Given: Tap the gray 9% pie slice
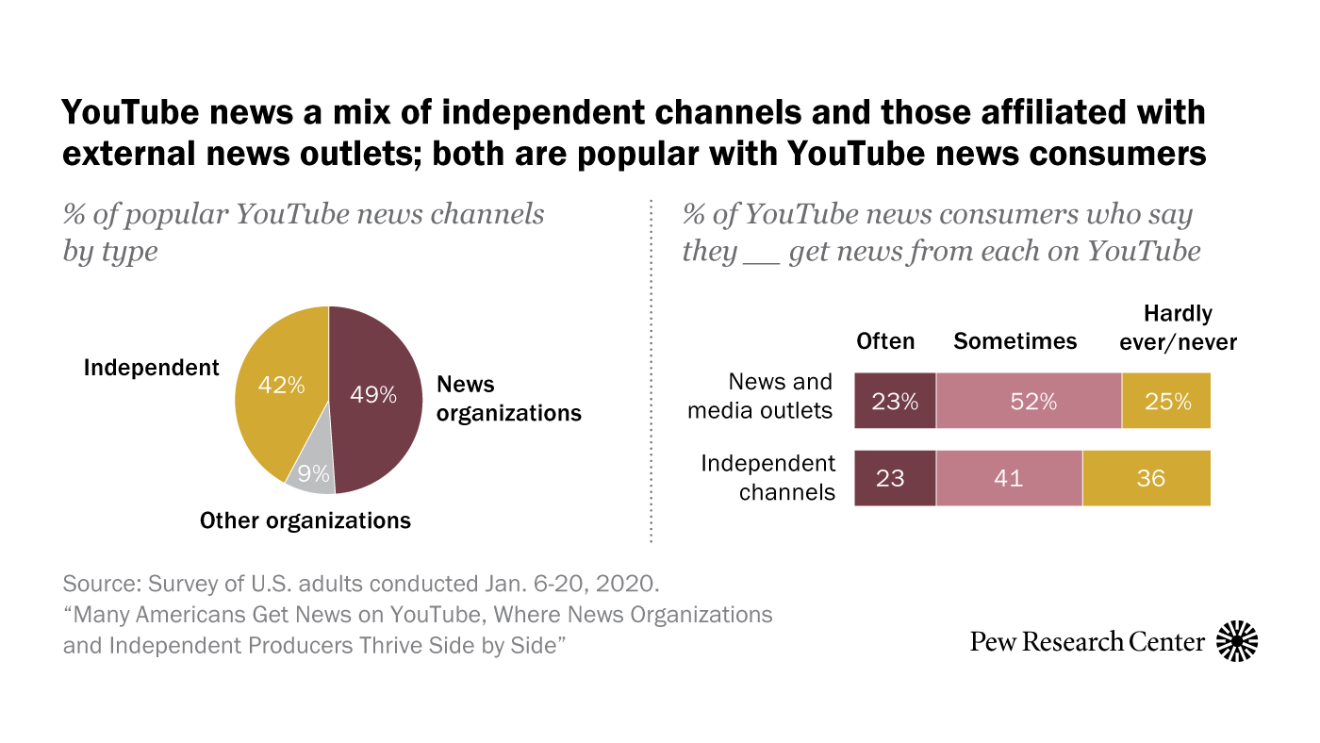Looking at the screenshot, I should point(312,471).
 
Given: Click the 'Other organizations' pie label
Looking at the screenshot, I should point(305,520).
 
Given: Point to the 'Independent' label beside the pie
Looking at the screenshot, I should point(151,368).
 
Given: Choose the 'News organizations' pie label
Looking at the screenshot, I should point(509,399).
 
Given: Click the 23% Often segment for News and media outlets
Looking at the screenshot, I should point(895,402).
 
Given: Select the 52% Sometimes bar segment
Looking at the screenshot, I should point(1029,402).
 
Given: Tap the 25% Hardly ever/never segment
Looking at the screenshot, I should point(1166,402).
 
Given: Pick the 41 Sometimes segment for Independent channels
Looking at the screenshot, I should point(1009,479).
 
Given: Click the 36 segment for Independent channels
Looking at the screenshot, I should point(1147,479).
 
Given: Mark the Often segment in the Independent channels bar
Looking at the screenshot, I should point(895,479).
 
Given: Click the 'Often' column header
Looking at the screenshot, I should point(885,341).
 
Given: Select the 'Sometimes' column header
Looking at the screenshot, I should point(1015,341).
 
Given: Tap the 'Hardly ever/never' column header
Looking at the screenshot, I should point(1178,328).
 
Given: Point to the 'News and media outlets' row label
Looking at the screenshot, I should point(762,396).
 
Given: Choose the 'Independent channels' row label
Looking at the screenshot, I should point(768,477).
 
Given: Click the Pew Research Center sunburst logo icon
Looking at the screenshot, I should point(1237,642).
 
